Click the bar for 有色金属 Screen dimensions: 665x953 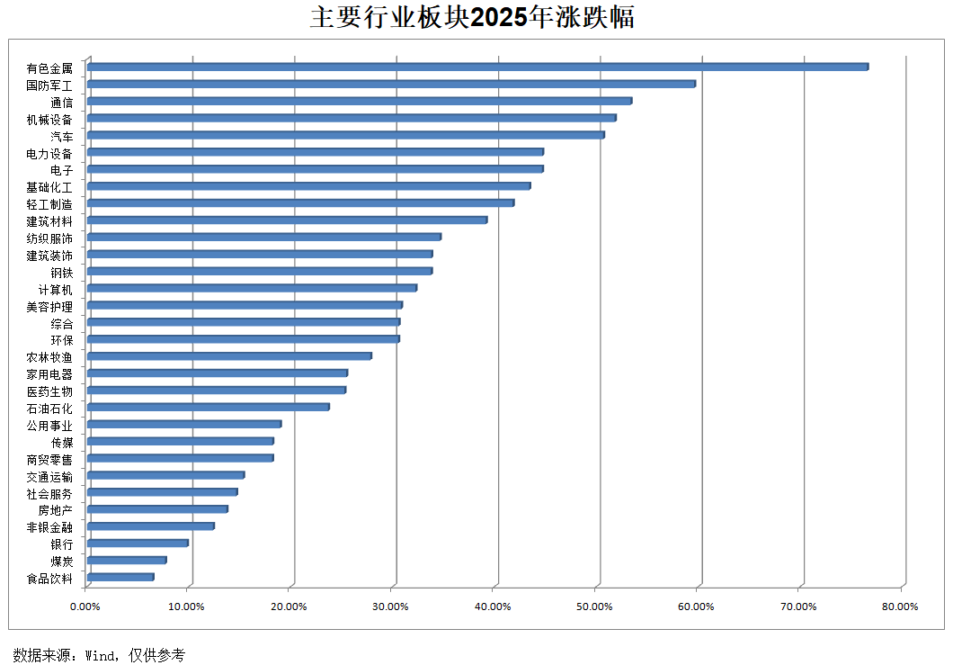pyautogui.click(x=476, y=67)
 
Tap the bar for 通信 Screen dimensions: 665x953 pyautogui.click(x=360, y=101)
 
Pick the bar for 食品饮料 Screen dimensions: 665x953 pyautogui.click(x=120, y=577)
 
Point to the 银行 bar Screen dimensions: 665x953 pyautogui.click(x=138, y=543)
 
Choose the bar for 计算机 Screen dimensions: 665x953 pyautogui.click(x=252, y=288)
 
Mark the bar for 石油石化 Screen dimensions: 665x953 pyautogui.click(x=209, y=407)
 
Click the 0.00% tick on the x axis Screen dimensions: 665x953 pyautogui.click(x=85, y=607)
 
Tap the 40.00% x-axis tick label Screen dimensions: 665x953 pyautogui.click(x=493, y=607)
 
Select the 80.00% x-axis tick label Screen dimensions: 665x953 pyautogui.click(x=900, y=607)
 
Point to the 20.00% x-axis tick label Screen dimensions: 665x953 pyautogui.click(x=289, y=607)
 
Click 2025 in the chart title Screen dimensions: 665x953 pyautogui.click(x=499, y=17)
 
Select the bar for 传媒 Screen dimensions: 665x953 pyautogui.click(x=181, y=441)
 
